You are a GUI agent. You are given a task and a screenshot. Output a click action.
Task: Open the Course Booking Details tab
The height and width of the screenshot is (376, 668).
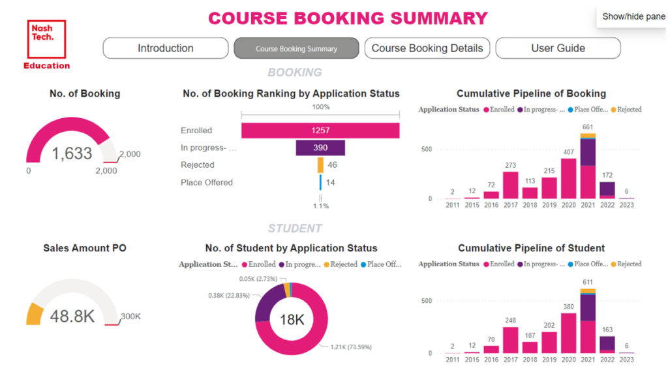[427, 48]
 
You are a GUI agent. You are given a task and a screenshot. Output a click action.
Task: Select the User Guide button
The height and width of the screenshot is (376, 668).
[558, 48]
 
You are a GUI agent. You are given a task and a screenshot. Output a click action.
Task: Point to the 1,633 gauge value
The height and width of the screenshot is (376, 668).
[72, 153]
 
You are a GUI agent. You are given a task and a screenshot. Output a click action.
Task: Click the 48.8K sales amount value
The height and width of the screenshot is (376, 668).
[72, 317]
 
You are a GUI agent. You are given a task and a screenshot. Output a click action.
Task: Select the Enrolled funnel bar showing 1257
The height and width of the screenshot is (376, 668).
[320, 131]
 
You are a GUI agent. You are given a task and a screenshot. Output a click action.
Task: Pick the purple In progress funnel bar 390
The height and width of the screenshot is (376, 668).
[320, 148]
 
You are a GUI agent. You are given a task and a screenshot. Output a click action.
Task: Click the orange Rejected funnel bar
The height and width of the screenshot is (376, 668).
[320, 165]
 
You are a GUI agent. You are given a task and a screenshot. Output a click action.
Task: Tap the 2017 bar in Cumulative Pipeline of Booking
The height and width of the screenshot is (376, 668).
[511, 185]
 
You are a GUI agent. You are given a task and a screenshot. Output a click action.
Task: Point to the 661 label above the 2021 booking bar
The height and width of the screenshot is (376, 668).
[588, 127]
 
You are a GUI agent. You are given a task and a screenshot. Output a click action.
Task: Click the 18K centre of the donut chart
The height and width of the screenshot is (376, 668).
[292, 319]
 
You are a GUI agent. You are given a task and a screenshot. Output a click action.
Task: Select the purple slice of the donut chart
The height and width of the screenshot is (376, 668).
[264, 306]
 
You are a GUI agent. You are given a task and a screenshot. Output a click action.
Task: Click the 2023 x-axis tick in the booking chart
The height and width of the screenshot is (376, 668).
[626, 205]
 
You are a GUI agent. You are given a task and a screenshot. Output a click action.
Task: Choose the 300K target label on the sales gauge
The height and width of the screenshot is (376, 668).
[130, 317]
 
